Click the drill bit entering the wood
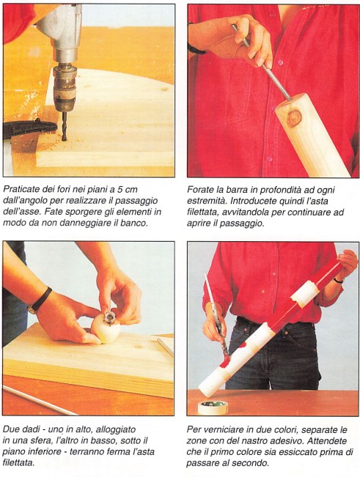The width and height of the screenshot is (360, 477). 64,126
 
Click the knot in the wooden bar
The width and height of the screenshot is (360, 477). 294,118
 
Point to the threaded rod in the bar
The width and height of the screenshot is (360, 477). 262,63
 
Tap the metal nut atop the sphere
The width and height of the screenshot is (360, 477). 109,317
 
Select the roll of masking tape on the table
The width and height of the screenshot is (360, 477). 213,407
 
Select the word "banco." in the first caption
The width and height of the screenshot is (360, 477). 134,223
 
